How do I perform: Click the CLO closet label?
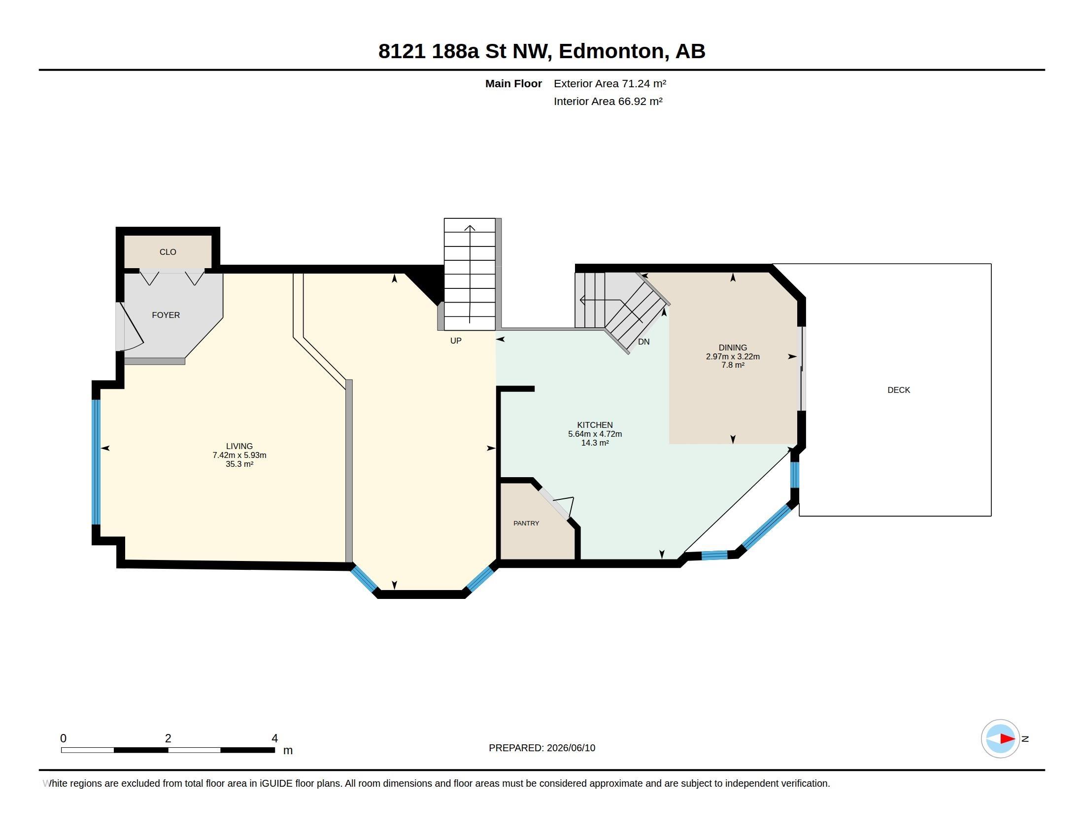[168, 252]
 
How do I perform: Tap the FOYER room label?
[166, 315]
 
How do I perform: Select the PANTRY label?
[526, 523]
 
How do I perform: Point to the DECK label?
[898, 390]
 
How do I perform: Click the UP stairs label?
[456, 341]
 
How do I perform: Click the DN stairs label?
[644, 342]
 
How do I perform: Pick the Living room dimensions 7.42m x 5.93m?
[239, 455]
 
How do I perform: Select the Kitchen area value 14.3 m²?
[595, 443]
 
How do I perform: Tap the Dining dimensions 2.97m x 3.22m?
[733, 356]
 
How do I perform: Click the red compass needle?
[1008, 739]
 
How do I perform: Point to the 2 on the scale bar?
[168, 738]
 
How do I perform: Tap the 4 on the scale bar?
[274, 738]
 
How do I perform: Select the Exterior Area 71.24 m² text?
[610, 83]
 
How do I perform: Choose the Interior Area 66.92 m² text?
[608, 101]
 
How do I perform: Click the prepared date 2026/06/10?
[571, 748]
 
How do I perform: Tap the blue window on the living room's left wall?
[96, 462]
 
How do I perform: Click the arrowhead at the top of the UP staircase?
[470, 228]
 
